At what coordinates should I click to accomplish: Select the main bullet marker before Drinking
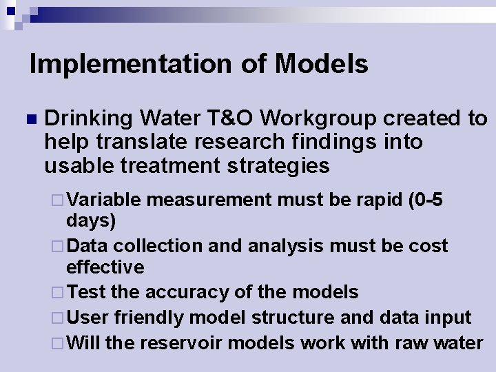[28, 120]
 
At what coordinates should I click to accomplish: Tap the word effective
[105, 267]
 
